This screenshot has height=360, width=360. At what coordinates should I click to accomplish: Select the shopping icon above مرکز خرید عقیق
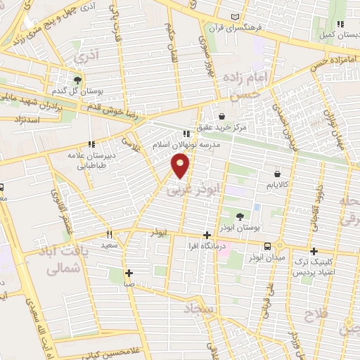pos(222,117)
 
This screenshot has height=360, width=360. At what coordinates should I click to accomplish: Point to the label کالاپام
pos(278,185)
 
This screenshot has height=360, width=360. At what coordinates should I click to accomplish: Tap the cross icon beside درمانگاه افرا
pos(206,236)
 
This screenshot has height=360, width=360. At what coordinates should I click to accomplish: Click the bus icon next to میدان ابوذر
pos(267,246)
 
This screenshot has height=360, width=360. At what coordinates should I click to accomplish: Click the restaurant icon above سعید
pos(109,234)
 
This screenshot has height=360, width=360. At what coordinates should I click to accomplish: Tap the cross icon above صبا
pos(129,273)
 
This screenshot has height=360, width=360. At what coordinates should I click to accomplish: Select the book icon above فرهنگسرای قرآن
pos(244,17)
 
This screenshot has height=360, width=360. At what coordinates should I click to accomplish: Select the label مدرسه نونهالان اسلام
pos(186,144)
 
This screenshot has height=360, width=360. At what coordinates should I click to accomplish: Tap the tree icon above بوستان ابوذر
pos(240,217)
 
